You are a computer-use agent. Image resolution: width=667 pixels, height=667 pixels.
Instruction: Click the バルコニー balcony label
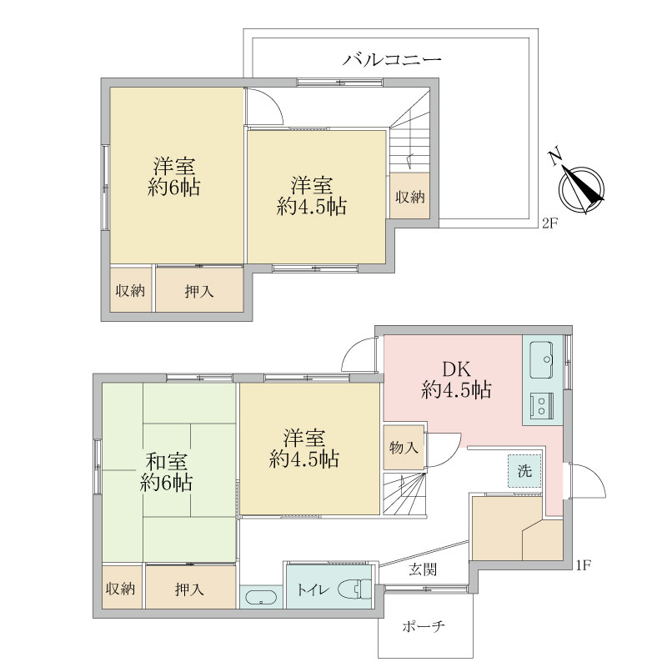pyautogui.click(x=392, y=59)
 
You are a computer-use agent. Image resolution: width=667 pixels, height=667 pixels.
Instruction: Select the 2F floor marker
pyautogui.click(x=549, y=223)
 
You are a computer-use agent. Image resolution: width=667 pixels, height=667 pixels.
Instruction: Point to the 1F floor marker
pyautogui.click(x=584, y=566)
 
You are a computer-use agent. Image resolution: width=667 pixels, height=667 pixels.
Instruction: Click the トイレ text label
pyautogui.click(x=313, y=590)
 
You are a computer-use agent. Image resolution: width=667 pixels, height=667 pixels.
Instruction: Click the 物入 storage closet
pyautogui.click(x=404, y=448)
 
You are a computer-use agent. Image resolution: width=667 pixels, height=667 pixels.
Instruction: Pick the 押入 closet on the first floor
pyautogui.click(x=190, y=589)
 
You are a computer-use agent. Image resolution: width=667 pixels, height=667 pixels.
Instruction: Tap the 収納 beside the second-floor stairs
pyautogui.click(x=409, y=197)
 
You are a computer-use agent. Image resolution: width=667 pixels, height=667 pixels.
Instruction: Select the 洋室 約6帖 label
pyautogui.click(x=174, y=175)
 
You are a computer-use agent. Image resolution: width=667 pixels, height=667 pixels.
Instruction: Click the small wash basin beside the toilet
pyautogui.click(x=261, y=598)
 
